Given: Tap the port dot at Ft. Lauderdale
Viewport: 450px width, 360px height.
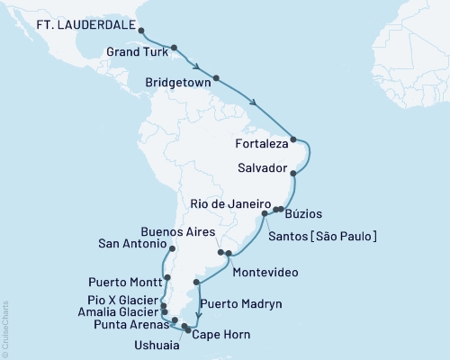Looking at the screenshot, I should pyautogui.click(x=140, y=31).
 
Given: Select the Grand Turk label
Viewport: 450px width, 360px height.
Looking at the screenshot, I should pyautogui.click(x=133, y=53).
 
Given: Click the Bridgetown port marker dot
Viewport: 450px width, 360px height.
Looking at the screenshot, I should pyautogui.click(x=216, y=78).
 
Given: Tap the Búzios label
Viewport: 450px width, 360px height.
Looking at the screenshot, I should pyautogui.click(x=303, y=214).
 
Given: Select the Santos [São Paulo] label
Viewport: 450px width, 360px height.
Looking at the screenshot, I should pyautogui.click(x=322, y=236).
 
